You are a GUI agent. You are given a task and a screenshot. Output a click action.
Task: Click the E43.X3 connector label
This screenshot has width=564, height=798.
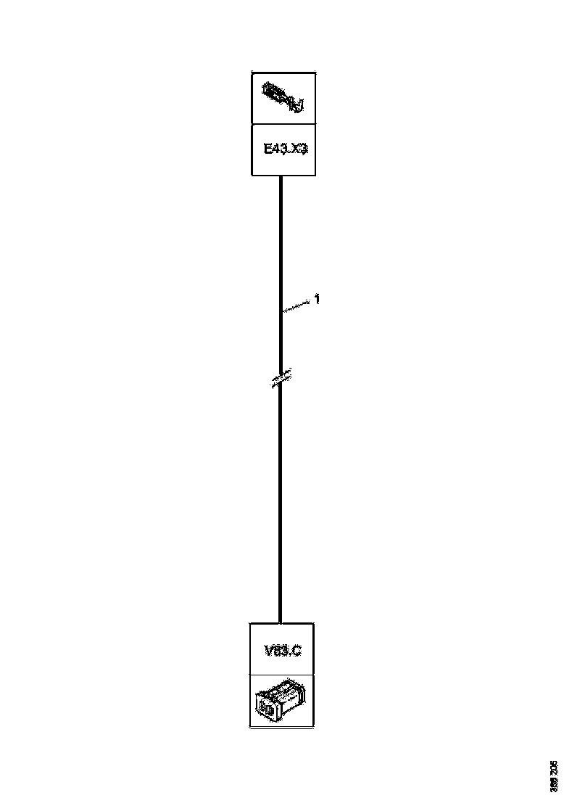click(283, 149)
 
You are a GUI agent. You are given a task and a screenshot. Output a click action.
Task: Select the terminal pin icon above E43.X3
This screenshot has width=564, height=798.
click(283, 98)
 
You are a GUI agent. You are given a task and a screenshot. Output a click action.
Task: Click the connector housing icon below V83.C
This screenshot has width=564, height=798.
click(281, 700)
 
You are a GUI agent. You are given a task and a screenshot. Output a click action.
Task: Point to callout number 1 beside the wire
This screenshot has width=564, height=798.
click(317, 297)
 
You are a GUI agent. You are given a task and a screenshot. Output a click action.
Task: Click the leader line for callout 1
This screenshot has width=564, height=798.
click(297, 305)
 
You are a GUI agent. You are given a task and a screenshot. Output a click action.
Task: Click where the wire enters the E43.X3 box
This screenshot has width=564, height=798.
click(281, 176)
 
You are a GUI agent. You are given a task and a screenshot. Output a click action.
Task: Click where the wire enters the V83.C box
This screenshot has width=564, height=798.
click(281, 622)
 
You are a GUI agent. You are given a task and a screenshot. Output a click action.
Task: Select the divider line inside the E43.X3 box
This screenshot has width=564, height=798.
click(283, 124)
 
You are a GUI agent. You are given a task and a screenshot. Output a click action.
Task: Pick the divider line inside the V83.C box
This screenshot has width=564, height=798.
click(281, 675)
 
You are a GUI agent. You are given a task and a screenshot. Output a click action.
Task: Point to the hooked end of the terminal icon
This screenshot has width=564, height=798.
click(298, 108)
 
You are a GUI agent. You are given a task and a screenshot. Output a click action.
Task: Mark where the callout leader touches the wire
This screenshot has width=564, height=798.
click(281, 312)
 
